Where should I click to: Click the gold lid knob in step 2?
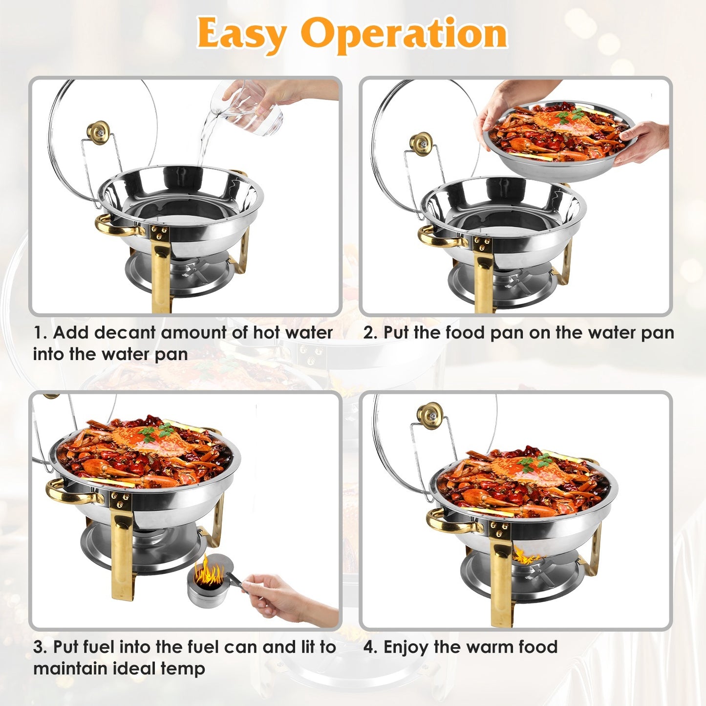click(421, 144)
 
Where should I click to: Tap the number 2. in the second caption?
click(370, 333)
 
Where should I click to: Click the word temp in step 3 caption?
click(186, 668)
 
